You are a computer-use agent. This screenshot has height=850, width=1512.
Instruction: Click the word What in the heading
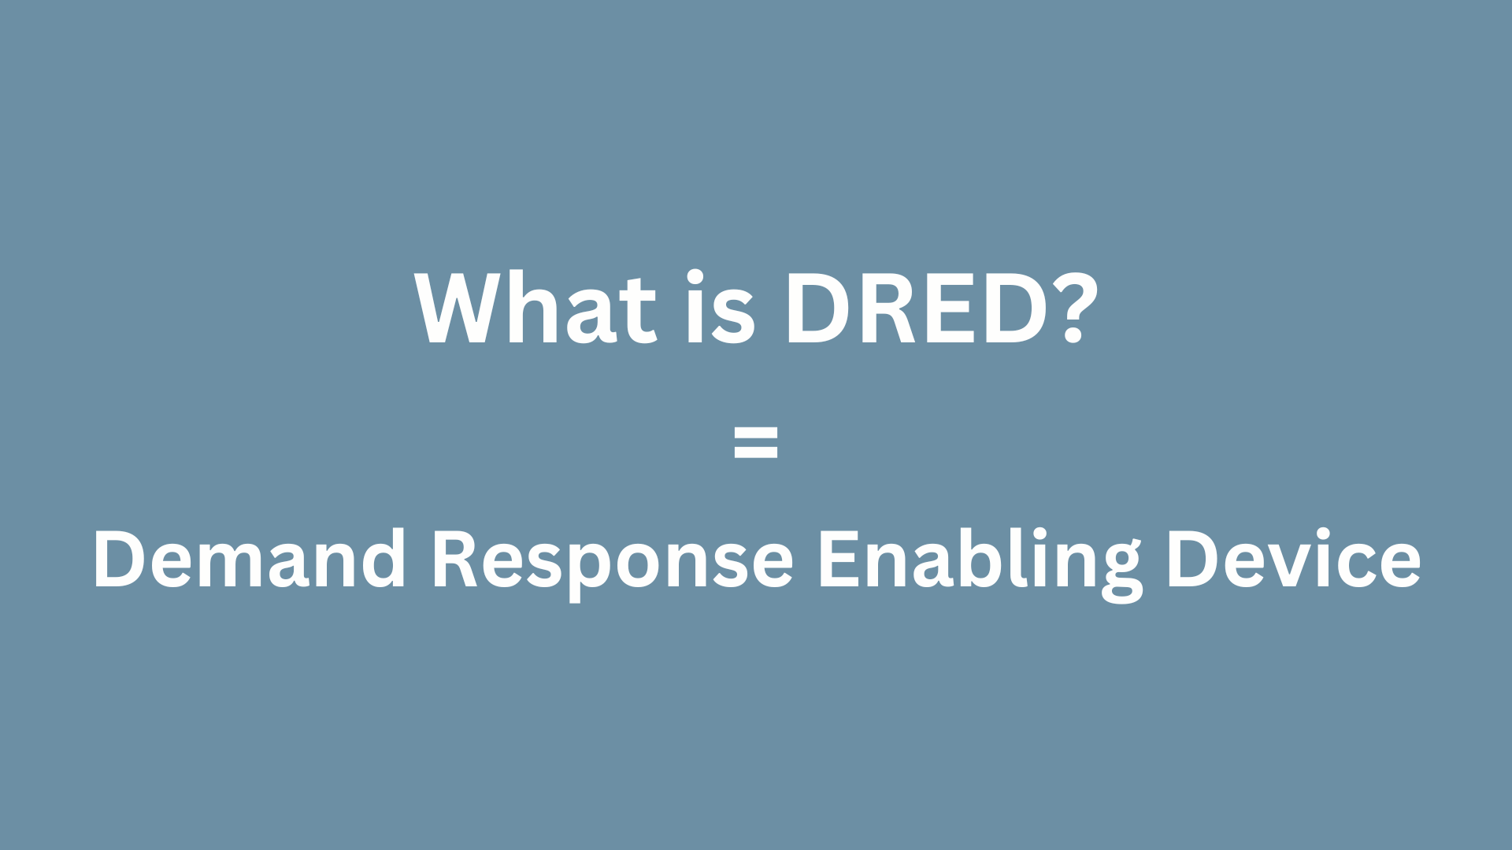tap(535, 309)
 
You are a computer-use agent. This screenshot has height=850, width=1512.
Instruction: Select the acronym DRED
tap(916, 309)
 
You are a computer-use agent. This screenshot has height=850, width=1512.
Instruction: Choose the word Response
tap(613, 560)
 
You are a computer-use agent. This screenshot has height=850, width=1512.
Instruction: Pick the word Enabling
tap(980, 560)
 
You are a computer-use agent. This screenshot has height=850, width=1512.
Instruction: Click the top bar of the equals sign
tap(756, 431)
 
